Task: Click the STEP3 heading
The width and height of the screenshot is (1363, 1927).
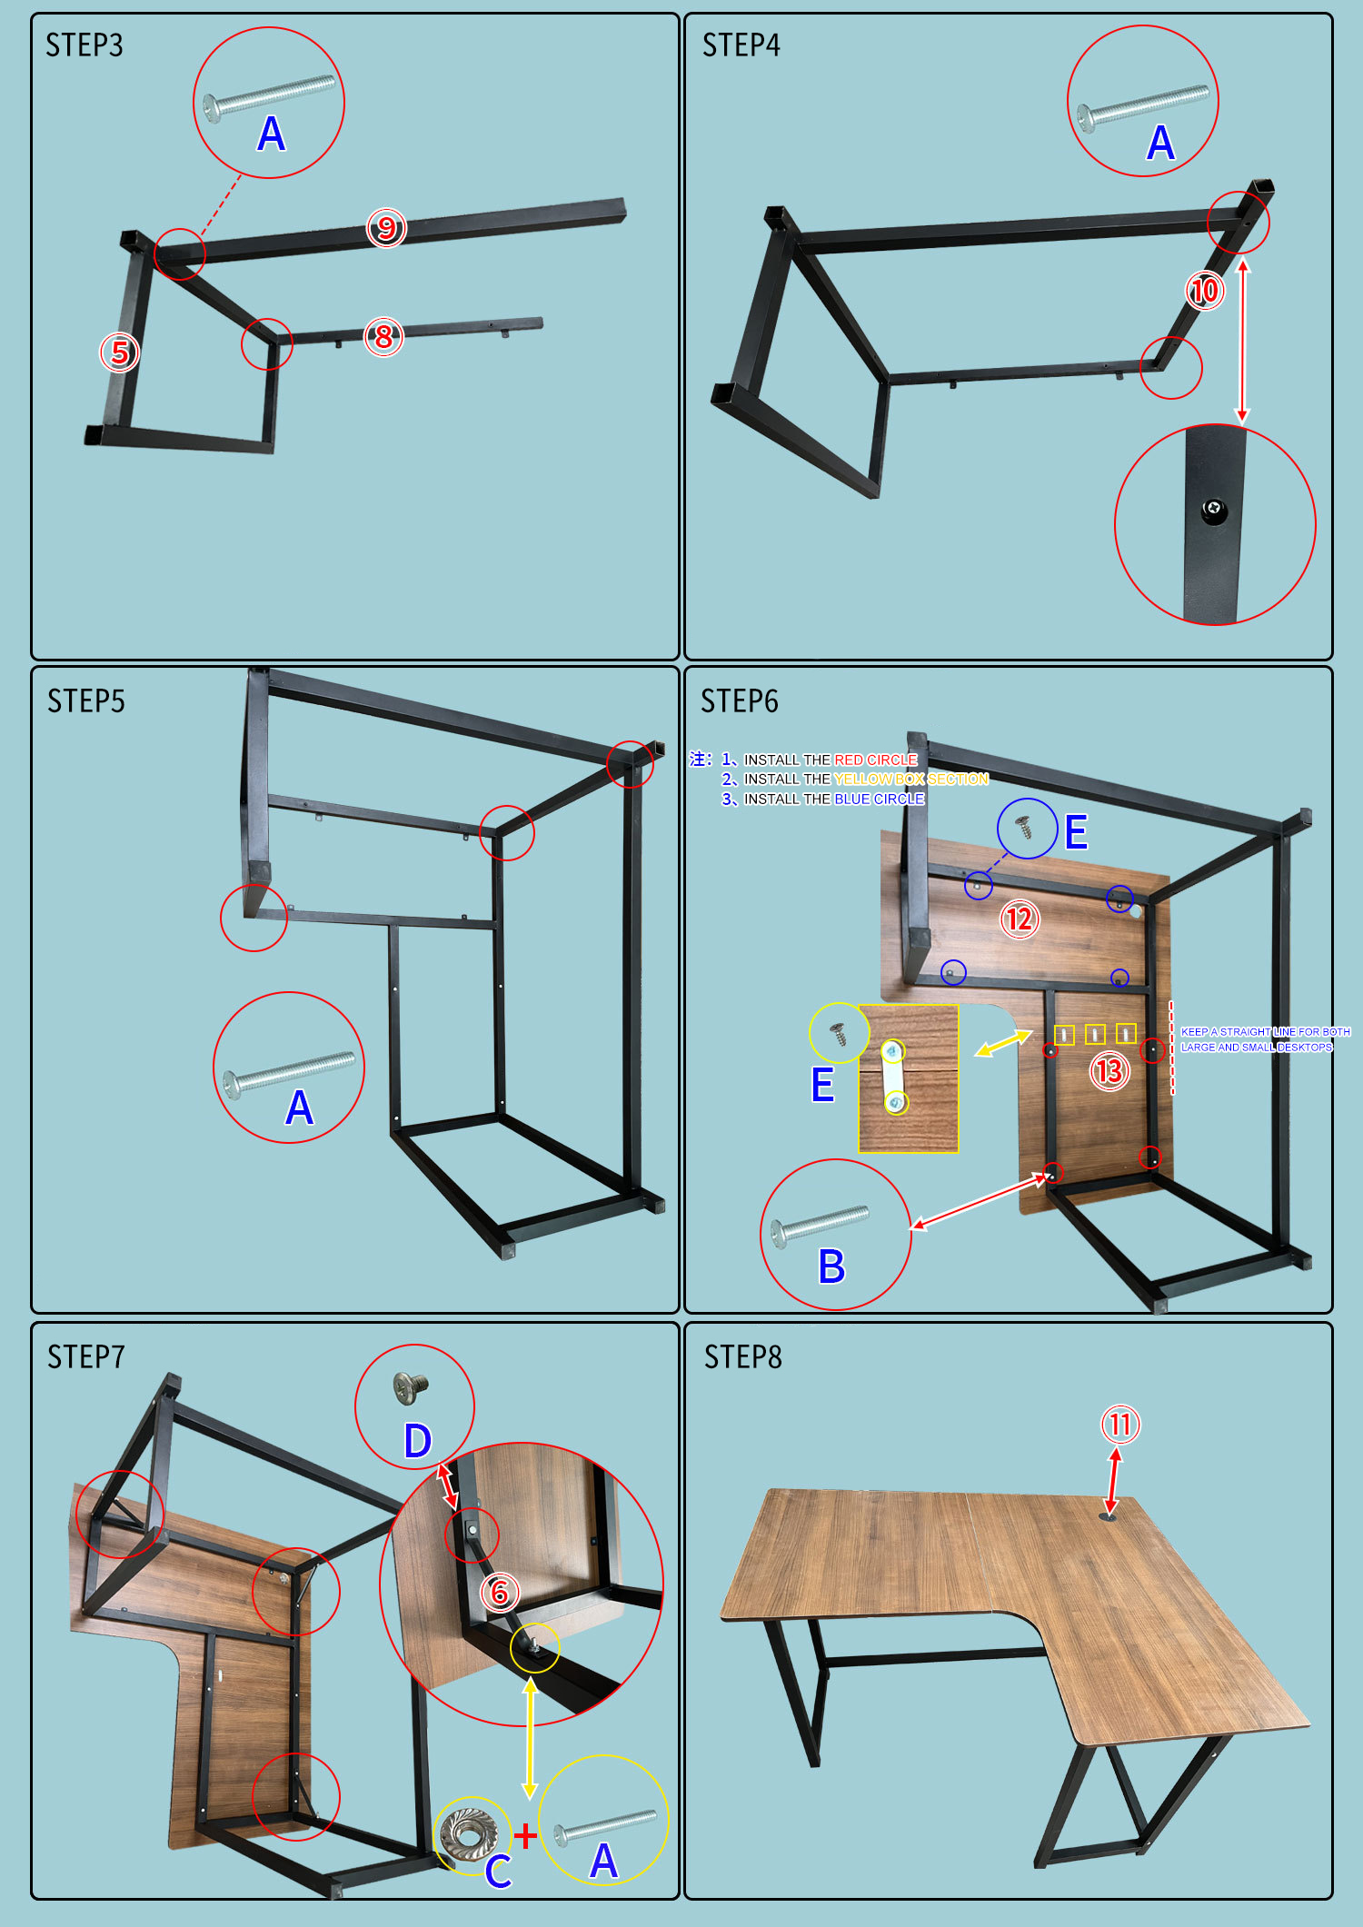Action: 85,45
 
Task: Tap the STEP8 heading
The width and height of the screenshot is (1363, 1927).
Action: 742,1357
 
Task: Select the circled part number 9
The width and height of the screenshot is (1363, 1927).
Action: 386,227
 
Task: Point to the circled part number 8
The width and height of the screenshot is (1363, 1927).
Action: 383,337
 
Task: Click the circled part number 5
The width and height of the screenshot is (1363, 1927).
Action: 119,353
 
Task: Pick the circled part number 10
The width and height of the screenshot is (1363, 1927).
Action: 1205,291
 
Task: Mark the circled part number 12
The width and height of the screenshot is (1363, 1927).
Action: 1020,919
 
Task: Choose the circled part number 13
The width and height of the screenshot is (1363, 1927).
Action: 1109,1071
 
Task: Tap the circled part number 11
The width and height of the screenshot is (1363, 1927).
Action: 1120,1425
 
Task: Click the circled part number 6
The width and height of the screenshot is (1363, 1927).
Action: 500,1593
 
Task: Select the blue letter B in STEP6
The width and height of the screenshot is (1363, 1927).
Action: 831,1266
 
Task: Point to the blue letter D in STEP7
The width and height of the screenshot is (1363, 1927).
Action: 417,1441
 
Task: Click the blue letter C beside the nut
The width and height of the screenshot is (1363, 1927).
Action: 498,1872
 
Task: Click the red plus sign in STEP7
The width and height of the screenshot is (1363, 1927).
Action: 525,1836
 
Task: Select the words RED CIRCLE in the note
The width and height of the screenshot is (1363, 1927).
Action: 875,760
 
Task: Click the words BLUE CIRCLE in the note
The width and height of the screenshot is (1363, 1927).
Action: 879,800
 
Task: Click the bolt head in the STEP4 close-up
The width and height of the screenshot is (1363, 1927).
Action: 1213,511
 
